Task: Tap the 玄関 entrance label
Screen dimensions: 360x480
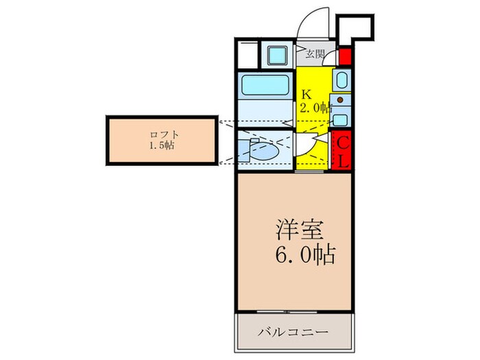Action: click(x=315, y=53)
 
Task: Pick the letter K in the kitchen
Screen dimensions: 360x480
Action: click(x=306, y=93)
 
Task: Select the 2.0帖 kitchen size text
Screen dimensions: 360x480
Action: click(x=315, y=108)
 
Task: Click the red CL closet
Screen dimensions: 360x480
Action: click(x=342, y=152)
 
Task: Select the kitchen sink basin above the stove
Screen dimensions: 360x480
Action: click(x=341, y=80)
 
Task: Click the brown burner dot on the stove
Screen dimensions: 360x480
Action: click(x=341, y=99)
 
